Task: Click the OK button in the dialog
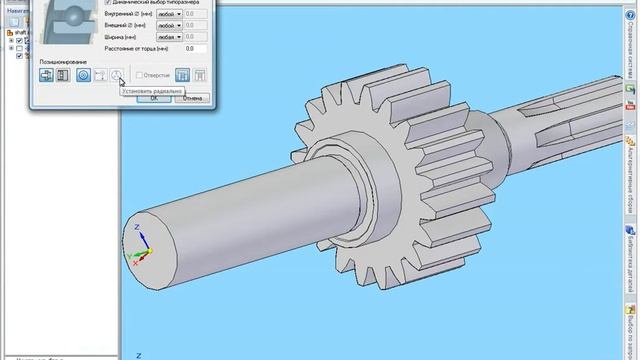(154, 98)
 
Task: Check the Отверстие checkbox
(140, 74)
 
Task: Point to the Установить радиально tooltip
(152, 90)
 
